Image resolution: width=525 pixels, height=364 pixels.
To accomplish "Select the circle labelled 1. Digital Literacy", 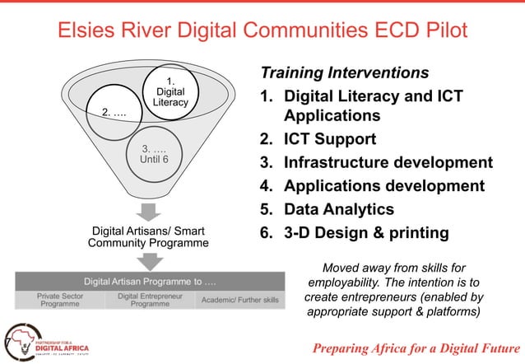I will (170, 91).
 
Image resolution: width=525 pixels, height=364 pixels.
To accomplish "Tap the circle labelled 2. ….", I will (114, 111).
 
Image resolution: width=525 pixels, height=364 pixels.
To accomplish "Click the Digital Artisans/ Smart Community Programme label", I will (149, 236).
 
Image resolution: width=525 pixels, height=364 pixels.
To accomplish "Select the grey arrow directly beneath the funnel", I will (149, 211).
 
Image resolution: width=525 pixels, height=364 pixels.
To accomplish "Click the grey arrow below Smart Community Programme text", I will (149, 261).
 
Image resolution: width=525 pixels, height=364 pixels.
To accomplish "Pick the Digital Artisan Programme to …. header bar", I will (149, 282).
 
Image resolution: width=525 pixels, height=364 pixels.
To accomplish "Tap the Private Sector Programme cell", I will (60, 300).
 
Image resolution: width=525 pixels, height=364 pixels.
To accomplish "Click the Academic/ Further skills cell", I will (239, 300).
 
